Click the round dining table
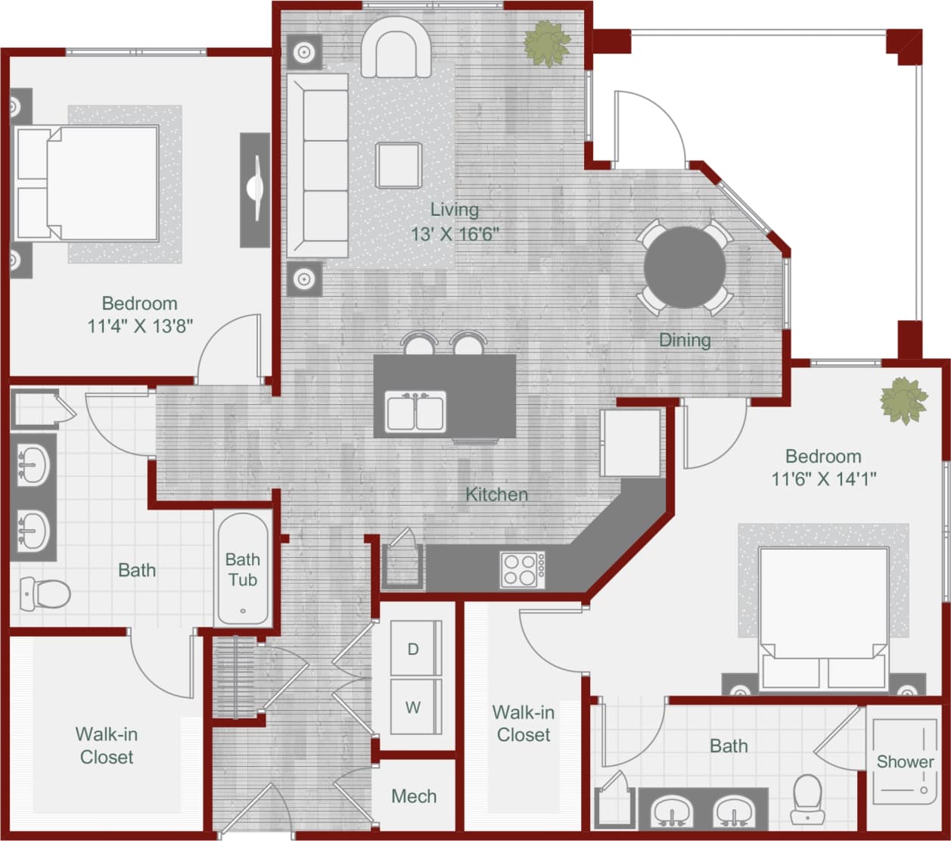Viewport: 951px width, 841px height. coord(685,267)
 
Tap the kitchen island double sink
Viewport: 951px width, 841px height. coord(415,411)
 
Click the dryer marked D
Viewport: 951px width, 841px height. coord(414,648)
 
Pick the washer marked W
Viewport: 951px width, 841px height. coord(414,707)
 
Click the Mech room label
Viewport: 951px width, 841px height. coord(414,796)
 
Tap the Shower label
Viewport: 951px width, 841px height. coord(905,762)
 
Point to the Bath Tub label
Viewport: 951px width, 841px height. coord(242,569)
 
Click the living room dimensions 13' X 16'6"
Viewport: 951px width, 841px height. coord(455,234)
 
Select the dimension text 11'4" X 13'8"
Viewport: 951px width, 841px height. coord(140,326)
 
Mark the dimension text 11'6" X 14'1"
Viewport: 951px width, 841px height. coord(823,479)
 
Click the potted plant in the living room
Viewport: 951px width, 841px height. coord(547,44)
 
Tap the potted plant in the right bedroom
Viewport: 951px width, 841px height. coord(903,400)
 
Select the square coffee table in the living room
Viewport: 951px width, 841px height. coord(399,165)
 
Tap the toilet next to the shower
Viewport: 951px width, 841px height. coord(806,797)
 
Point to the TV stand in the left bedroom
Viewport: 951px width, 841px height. coord(255,189)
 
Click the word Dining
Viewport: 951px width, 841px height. coord(685,340)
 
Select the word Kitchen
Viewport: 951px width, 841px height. coord(496,494)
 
